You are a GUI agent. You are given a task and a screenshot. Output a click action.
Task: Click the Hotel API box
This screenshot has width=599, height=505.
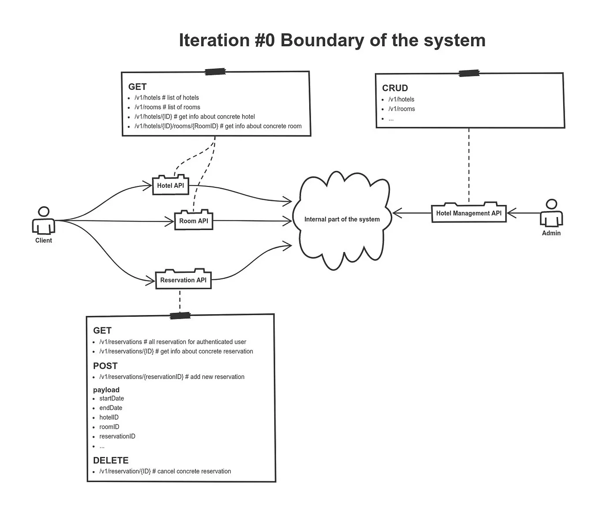tap(170, 185)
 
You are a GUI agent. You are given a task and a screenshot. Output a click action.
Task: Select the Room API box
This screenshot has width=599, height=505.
tap(194, 220)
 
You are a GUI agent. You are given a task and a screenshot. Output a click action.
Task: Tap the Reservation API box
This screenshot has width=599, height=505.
tap(183, 279)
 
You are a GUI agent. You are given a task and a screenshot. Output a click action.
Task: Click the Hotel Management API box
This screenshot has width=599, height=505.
tap(469, 213)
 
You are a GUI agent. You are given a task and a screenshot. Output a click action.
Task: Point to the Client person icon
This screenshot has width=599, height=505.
tap(44, 220)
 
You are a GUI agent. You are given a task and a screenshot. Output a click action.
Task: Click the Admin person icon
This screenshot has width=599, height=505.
tap(551, 213)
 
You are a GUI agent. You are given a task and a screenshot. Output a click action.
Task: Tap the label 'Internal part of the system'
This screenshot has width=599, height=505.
tap(342, 219)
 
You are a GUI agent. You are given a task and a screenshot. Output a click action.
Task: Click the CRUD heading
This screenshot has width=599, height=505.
tap(395, 88)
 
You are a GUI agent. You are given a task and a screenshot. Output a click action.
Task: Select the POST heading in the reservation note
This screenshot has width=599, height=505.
tap(105, 366)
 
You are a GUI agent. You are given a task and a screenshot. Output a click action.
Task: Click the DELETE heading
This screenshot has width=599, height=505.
tap(111, 460)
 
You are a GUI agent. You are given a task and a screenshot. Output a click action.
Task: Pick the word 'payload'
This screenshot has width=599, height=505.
tap(106, 390)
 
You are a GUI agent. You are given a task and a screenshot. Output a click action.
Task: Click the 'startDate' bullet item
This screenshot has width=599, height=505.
tap(112, 398)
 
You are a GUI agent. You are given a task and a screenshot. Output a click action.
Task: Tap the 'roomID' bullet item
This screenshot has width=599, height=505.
tap(109, 427)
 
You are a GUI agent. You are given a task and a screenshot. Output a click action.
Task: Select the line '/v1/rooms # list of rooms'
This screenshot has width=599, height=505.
tap(167, 107)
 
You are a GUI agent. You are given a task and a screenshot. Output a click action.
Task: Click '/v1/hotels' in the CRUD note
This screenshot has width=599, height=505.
tap(401, 100)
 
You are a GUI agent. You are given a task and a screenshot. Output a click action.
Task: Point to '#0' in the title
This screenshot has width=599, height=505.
tap(265, 40)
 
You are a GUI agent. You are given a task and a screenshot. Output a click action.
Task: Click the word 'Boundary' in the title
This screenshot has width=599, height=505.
tap(322, 40)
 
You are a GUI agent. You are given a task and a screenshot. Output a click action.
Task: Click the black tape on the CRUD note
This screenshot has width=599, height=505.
tap(469, 73)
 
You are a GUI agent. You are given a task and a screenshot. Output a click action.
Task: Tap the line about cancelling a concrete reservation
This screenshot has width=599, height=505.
tap(165, 471)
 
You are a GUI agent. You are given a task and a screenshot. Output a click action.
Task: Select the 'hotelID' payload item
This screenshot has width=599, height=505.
tap(109, 417)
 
